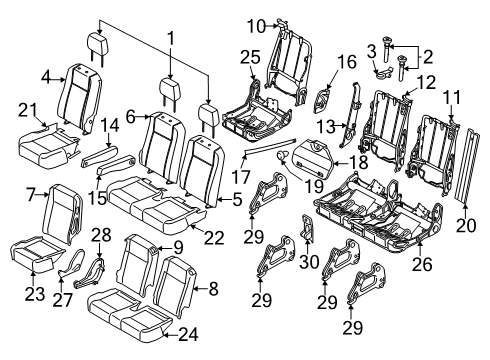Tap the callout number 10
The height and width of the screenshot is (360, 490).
[x=255, y=25]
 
